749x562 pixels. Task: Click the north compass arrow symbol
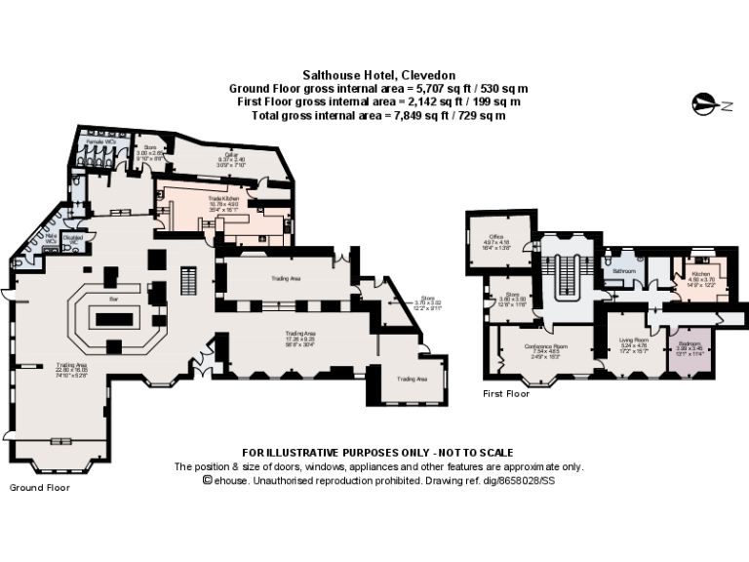coord(704,100)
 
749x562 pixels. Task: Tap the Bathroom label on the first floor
coord(623,270)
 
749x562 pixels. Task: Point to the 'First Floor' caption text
coord(506,394)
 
